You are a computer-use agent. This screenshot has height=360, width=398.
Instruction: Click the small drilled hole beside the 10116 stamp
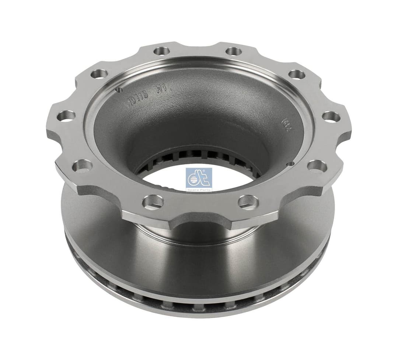pyautogui.click(x=119, y=90)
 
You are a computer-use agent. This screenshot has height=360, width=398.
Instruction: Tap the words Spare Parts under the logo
pyautogui.click(x=199, y=189)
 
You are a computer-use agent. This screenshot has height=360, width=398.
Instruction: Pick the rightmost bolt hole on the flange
pyautogui.click(x=331, y=116)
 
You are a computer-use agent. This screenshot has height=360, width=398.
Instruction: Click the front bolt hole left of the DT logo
pyautogui.click(x=153, y=201)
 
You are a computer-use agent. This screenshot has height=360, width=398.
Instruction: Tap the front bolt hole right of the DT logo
pyautogui.click(x=248, y=201)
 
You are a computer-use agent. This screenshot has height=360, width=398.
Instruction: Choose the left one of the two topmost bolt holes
pyautogui.click(x=161, y=51)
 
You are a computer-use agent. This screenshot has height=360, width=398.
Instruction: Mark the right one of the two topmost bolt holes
pyautogui.click(x=234, y=51)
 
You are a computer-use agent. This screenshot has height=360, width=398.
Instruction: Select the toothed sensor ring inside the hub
pyautogui.click(x=199, y=155)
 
